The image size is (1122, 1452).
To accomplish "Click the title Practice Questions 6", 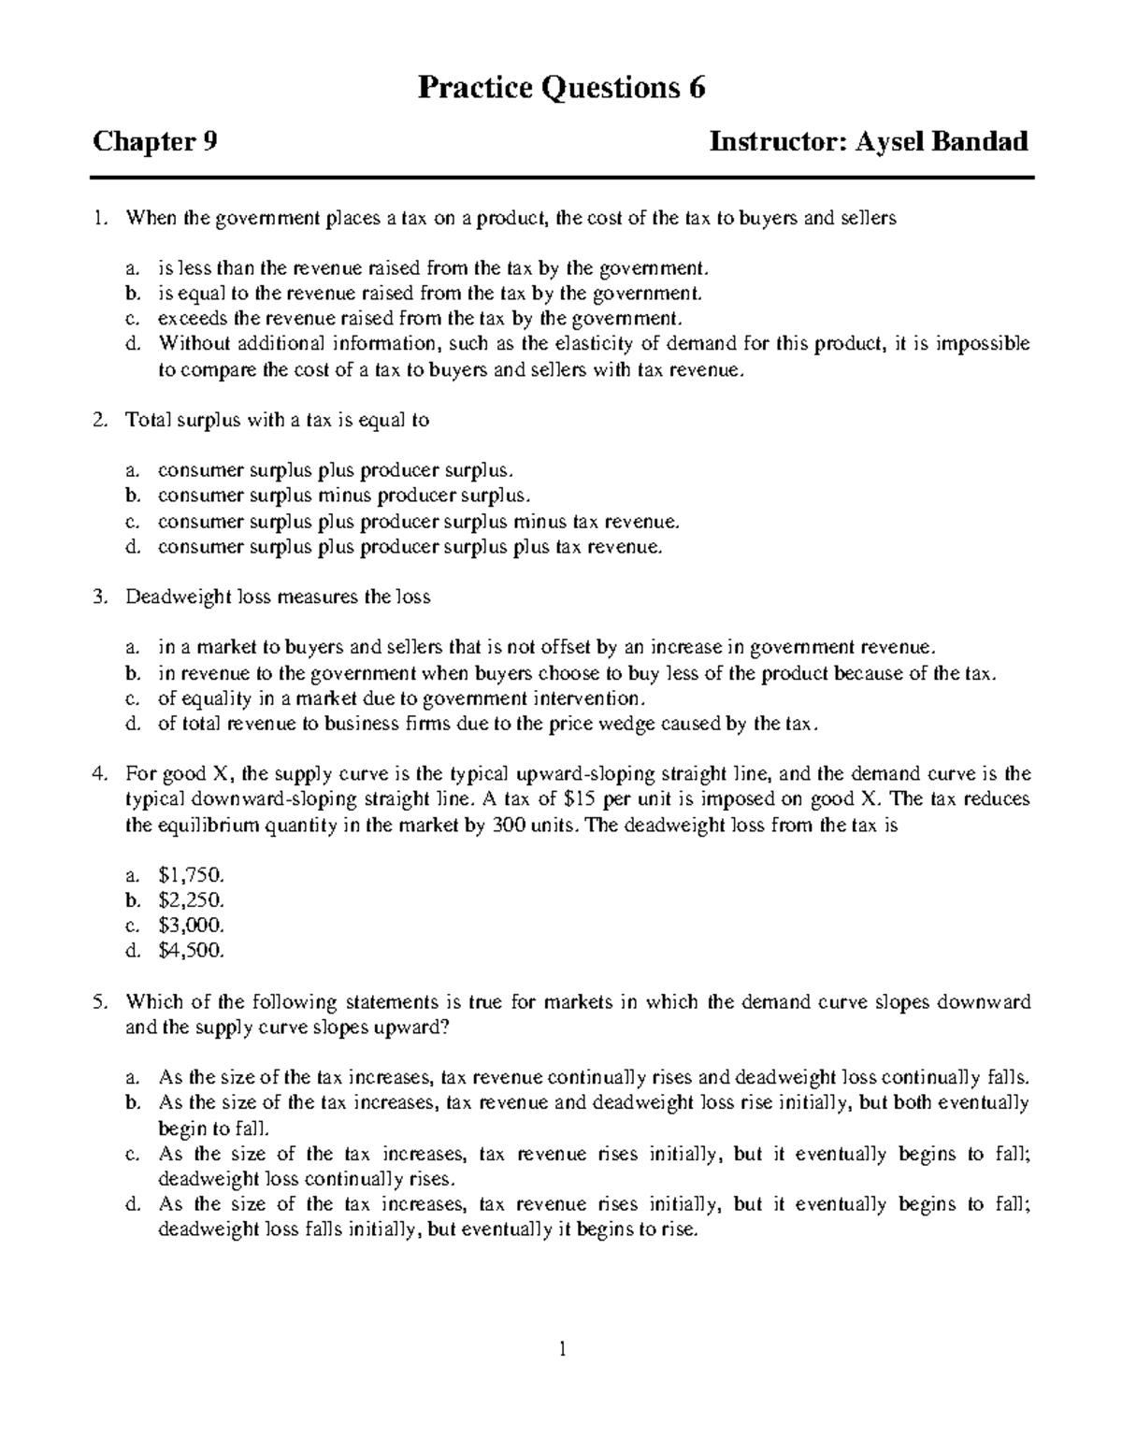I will pyautogui.click(x=561, y=88).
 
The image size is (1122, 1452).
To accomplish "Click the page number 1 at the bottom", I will pyautogui.click(x=562, y=1349).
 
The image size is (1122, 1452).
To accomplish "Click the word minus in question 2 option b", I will pyautogui.click(x=345, y=496).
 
